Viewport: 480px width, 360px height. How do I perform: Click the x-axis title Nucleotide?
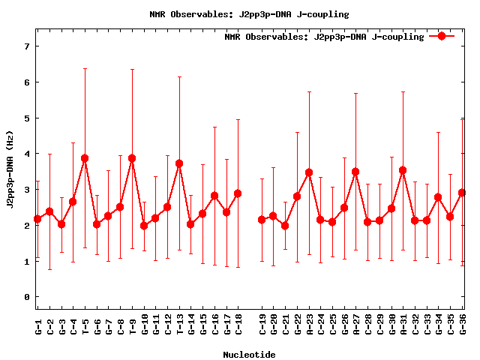coord(249,354)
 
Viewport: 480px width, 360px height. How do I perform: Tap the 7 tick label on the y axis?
coord(26,46)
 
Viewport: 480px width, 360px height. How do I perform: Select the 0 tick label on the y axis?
coord(26,298)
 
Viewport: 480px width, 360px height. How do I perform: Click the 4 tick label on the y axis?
coord(26,154)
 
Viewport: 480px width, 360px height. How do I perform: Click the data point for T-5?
coord(85,158)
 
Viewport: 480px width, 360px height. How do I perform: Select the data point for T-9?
coord(132,158)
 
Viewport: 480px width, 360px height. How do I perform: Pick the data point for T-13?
coord(179,163)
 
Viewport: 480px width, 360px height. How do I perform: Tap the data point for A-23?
coord(309,172)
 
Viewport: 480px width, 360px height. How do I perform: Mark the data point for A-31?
coord(403,170)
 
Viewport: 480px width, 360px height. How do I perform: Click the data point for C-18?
coord(238,193)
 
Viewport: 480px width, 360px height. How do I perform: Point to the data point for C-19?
coord(262,220)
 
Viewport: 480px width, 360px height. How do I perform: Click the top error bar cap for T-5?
coord(85,69)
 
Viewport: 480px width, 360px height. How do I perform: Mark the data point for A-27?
coord(355,172)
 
